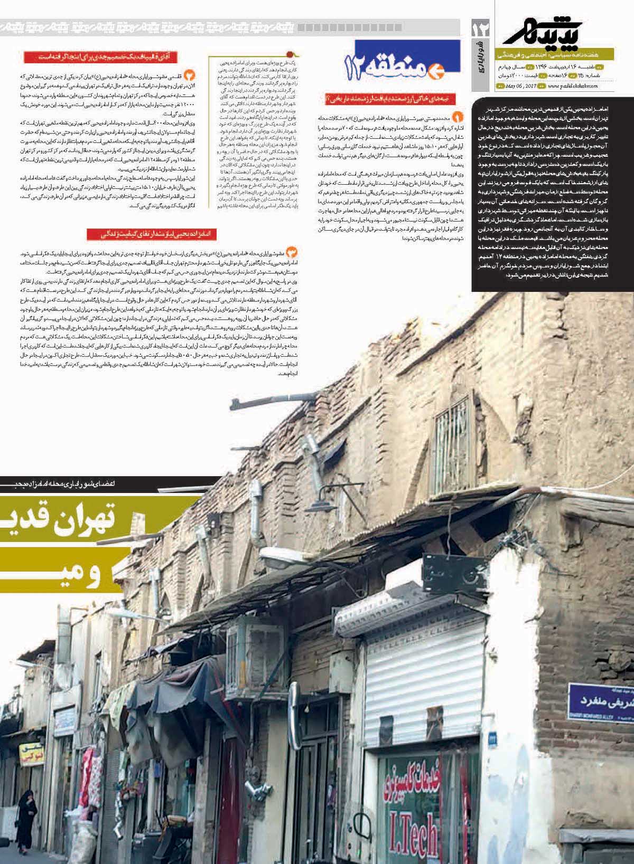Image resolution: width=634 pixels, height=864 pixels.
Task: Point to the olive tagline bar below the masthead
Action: (x=555, y=54)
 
